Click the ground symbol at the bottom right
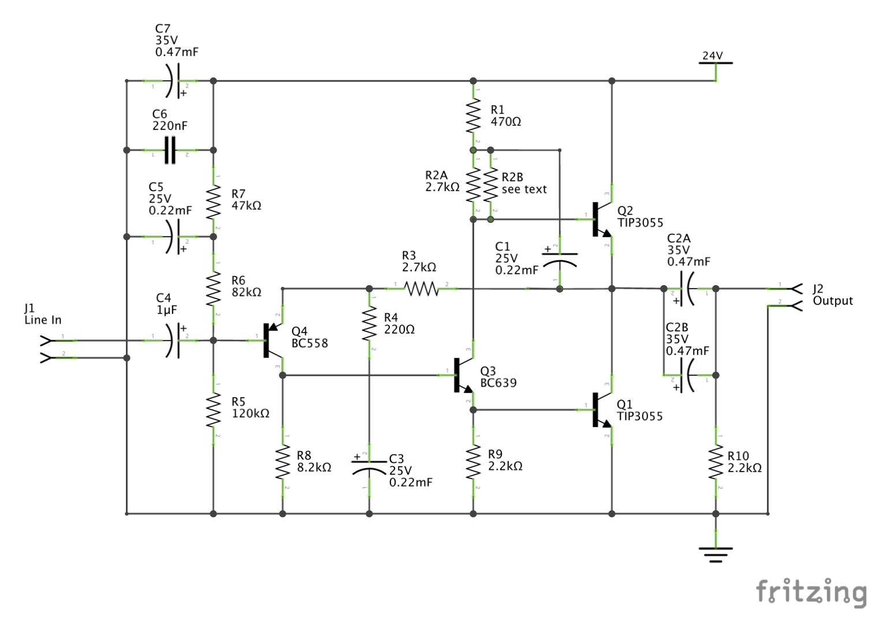click(716, 554)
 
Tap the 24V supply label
click(712, 55)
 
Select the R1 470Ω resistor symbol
click(473, 115)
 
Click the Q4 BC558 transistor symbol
click(271, 341)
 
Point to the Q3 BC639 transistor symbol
click(461, 375)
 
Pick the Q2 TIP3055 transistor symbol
click(601, 219)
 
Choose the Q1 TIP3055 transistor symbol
click(601, 410)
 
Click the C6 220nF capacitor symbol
click(170, 150)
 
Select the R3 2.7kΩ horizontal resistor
click(421, 289)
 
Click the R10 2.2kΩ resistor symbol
click(716, 462)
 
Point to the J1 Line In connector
click(46, 349)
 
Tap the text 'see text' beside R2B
click(524, 189)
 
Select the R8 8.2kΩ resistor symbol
click(282, 462)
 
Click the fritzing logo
click(811, 592)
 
